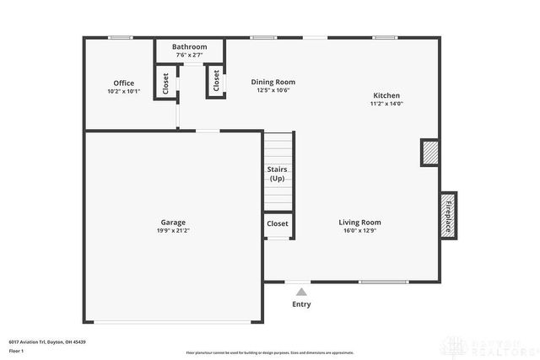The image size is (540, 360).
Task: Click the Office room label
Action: (x=123, y=83)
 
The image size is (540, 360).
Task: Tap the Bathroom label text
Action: (x=189, y=47)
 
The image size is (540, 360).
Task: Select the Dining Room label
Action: (x=273, y=82)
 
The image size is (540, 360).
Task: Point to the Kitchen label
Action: (x=386, y=95)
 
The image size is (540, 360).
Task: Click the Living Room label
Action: (x=360, y=223)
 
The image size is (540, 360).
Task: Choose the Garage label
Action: (x=173, y=223)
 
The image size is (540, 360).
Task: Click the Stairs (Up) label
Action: (x=278, y=174)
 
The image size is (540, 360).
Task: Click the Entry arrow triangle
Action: (x=300, y=292)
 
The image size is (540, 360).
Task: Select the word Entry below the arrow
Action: (x=301, y=304)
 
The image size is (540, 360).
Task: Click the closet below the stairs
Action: (x=278, y=223)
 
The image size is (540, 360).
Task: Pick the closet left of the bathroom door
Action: (x=166, y=82)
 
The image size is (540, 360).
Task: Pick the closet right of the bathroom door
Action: (x=216, y=81)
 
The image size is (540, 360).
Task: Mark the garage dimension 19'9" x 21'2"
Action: (x=173, y=230)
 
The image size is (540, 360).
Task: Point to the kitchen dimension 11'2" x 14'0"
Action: (x=386, y=104)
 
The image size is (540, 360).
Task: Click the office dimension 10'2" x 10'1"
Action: (x=123, y=91)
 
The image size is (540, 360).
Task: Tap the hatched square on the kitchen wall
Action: (x=430, y=153)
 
